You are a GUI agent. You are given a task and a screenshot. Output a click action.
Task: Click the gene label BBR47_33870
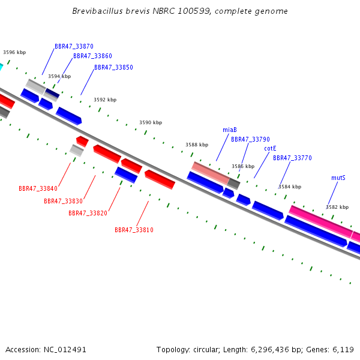pos(74,46)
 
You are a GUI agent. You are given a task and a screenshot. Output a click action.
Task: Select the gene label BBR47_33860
pos(92,56)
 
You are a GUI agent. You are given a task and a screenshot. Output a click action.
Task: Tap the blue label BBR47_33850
pos(113,67)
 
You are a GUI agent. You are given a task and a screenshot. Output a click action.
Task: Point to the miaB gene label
pos(230,130)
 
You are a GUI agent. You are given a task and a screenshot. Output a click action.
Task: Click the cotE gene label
pos(270,149)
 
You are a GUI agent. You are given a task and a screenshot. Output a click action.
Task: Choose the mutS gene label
pos(338,178)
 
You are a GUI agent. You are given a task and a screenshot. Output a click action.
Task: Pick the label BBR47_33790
pos(250,139)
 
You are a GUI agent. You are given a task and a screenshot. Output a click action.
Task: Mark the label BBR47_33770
pos(292,158)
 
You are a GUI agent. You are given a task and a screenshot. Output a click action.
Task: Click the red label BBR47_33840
pos(38,188)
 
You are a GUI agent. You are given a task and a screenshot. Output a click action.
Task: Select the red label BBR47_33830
pos(63,201)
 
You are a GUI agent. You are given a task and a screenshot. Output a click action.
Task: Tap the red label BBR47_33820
pos(88,213)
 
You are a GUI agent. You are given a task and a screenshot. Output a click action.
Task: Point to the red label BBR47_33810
pos(134,230)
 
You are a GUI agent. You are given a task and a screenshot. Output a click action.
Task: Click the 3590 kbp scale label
pos(151,122)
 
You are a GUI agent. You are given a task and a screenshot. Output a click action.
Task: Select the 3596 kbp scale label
pos(14,52)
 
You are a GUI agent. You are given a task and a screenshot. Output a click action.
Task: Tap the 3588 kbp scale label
pos(197,145)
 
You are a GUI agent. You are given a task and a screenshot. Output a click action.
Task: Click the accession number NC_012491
pos(65,350)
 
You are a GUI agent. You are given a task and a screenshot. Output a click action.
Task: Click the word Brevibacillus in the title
pos(97,11)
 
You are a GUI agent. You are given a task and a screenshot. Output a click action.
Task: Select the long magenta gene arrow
pos(321,221)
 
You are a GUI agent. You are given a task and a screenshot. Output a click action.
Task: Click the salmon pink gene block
pos(211,173)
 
